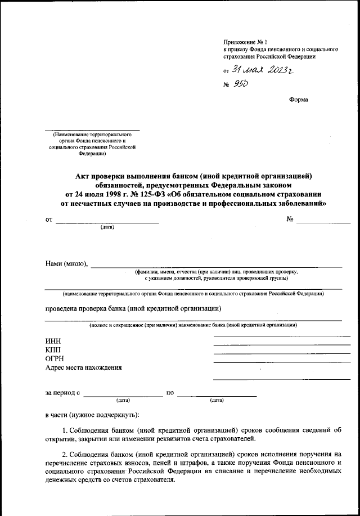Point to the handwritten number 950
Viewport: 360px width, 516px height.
(x=241, y=84)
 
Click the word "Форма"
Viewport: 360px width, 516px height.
(x=298, y=100)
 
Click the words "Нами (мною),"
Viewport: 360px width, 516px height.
(x=66, y=264)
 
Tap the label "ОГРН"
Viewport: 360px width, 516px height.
(x=55, y=359)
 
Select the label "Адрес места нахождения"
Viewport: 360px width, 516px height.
(x=83, y=368)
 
